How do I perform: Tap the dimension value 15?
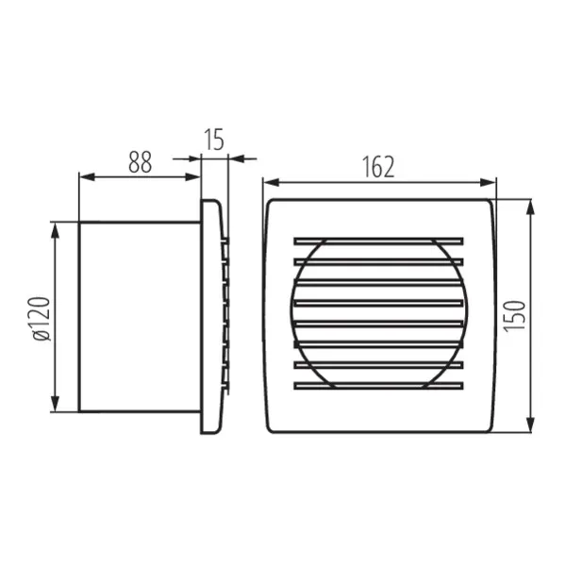click(214, 141)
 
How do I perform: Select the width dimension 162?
click(377, 166)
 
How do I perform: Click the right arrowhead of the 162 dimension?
click(490, 181)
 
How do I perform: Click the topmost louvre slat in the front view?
click(378, 240)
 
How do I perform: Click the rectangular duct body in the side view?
click(139, 316)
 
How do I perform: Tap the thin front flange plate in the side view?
click(208, 316)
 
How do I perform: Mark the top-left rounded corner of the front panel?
click(272, 204)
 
